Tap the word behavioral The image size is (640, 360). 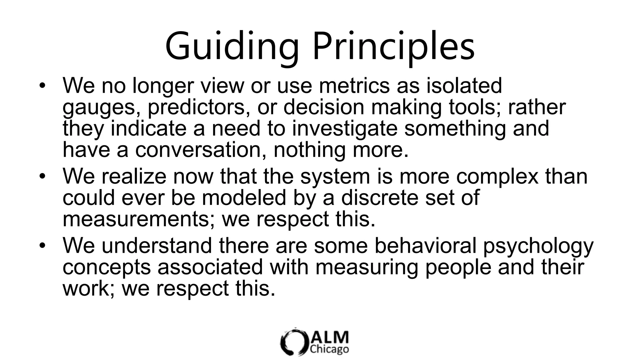click(x=425, y=245)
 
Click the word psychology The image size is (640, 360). click(x=538, y=246)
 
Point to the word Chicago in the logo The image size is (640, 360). click(x=329, y=349)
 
